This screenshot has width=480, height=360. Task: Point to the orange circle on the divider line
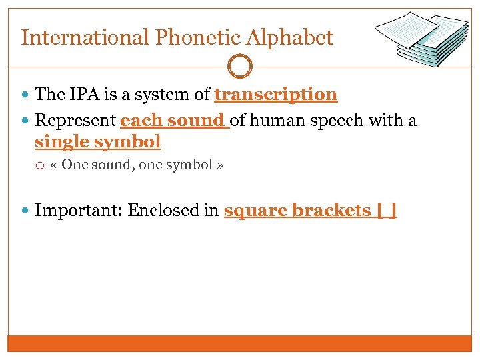[x=240, y=67]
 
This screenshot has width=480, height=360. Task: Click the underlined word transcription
[x=275, y=95]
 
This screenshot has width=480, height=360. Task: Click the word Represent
[x=75, y=121]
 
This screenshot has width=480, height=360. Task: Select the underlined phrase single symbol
[x=97, y=141]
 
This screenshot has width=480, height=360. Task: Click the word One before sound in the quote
[x=75, y=165]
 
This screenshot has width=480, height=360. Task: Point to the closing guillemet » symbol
[x=220, y=165]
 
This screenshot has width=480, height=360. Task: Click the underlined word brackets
[x=330, y=211]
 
